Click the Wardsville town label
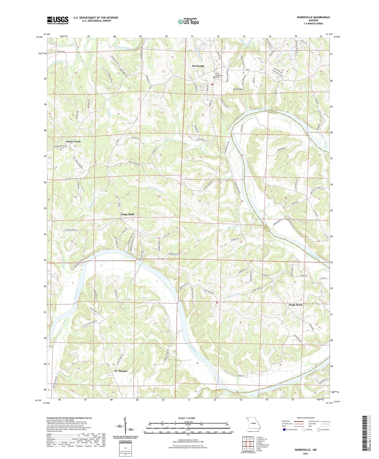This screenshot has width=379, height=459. click(x=198, y=66)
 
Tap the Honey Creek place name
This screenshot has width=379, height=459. click(x=73, y=141)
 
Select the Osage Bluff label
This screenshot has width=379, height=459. click(x=127, y=214)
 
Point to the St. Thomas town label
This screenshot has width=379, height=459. click(x=121, y=371)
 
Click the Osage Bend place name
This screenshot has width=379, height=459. click(x=295, y=305)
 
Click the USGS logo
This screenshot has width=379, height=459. click(x=58, y=20)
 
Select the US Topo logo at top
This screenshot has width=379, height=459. click(x=188, y=22)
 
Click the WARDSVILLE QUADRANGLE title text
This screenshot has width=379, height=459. click(x=313, y=17)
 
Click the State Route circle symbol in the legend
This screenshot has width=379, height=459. click(x=319, y=429)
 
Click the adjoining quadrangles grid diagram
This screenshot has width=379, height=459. click(x=248, y=444)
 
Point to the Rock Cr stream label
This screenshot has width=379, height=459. click(x=168, y=139)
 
